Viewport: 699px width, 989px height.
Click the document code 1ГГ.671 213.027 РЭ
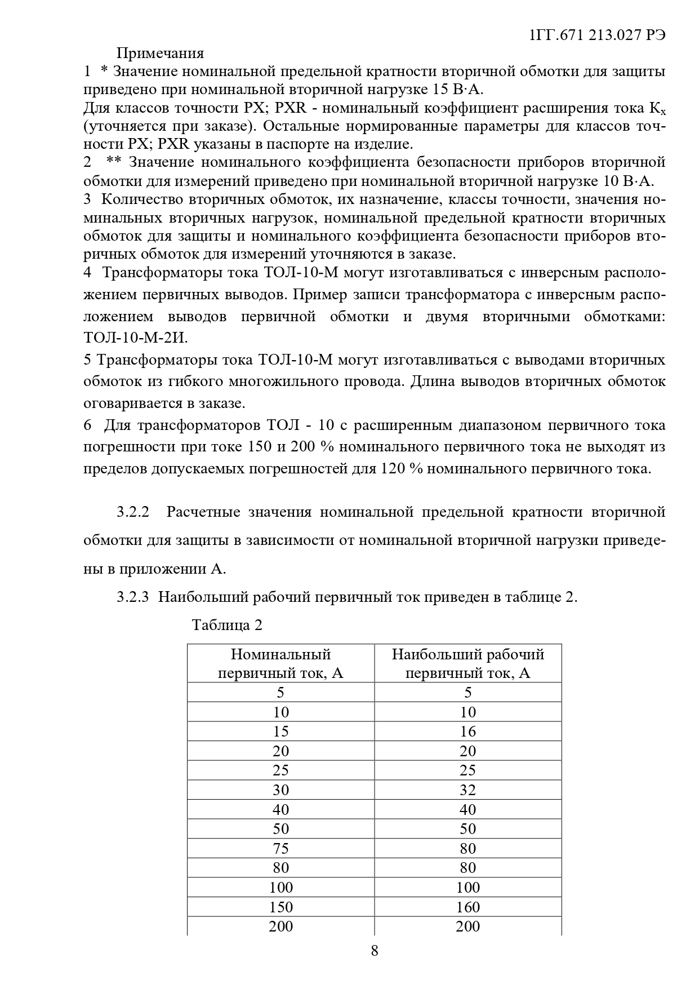coord(598,35)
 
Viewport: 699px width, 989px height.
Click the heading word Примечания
coord(160,54)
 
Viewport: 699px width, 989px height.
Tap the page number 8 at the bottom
coord(375,951)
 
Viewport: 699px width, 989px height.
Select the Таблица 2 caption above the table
coord(227,625)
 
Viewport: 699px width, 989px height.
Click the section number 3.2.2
coord(133,512)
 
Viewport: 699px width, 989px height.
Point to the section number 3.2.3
coord(133,597)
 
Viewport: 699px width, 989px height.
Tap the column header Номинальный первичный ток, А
coord(281,663)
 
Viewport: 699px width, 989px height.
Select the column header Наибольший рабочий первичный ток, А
coord(468,663)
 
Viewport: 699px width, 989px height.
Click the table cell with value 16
coord(468,731)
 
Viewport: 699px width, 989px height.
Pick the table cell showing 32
coord(468,790)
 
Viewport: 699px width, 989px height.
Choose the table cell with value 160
coord(468,907)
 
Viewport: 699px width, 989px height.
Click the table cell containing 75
coord(281,848)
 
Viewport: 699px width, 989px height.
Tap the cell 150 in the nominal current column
coord(281,907)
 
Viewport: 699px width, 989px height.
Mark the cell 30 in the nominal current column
coord(281,790)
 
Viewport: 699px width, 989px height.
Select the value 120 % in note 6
coord(402,469)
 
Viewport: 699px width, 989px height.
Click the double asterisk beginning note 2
coord(114,162)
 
